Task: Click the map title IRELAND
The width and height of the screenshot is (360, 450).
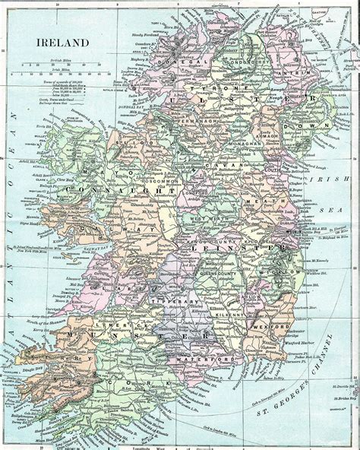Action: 62,44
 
